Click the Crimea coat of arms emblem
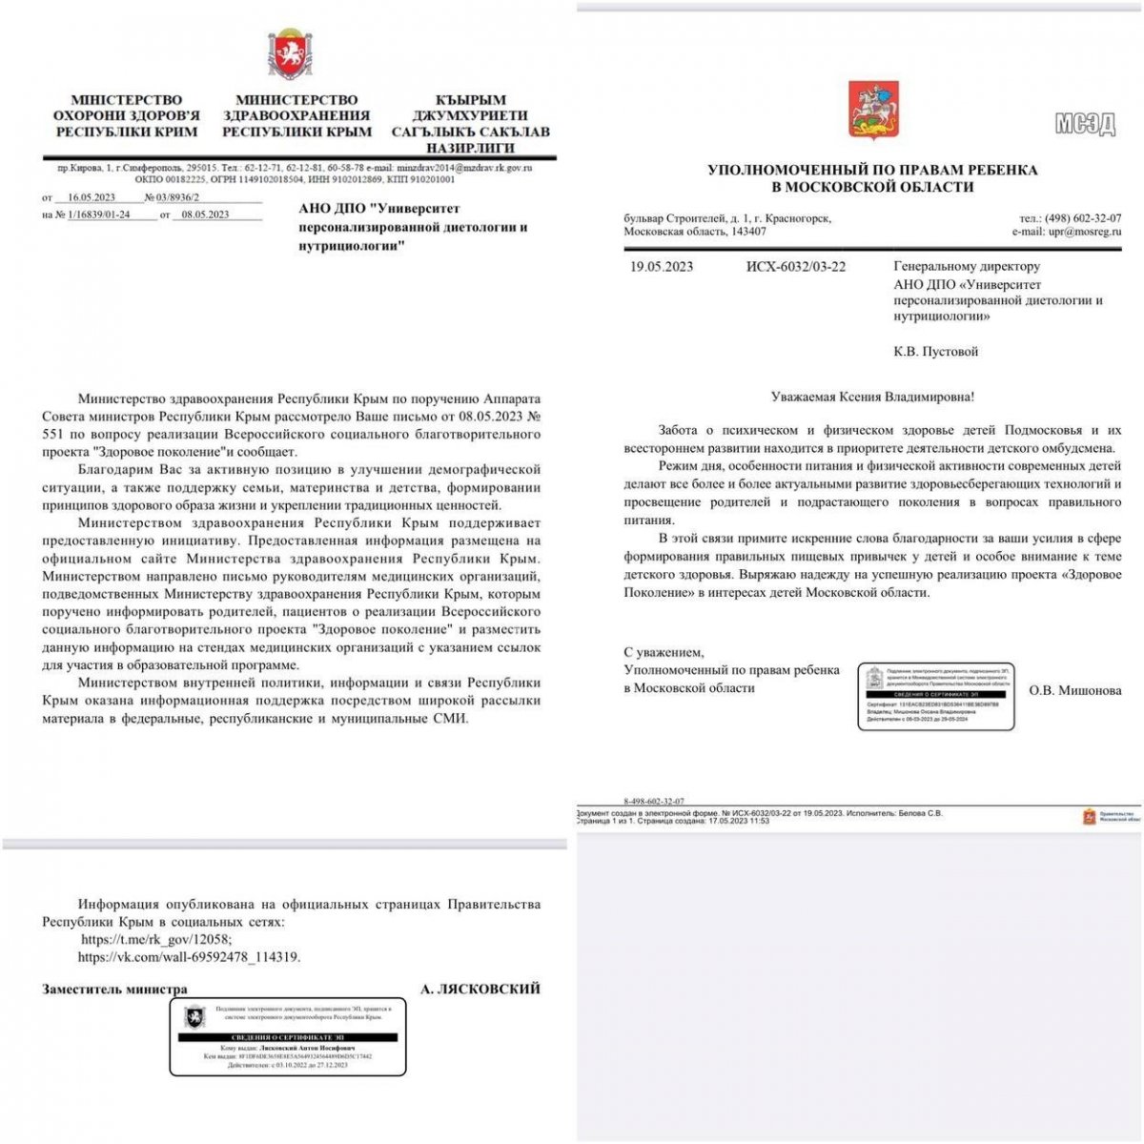pos(289,53)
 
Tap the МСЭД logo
pos(1085,124)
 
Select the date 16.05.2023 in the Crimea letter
pos(92,197)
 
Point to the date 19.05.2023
pos(662,267)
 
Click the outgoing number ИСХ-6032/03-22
pos(795,267)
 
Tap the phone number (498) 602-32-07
pos(1082,218)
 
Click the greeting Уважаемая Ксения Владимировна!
pos(872,397)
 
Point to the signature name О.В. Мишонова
pos(1075,691)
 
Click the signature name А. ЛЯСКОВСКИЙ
pos(480,990)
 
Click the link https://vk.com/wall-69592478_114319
pos(189,957)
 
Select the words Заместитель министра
pos(114,990)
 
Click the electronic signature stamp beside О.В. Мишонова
pos(935,696)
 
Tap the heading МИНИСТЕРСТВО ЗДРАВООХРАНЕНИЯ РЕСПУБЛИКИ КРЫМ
pos(296,115)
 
